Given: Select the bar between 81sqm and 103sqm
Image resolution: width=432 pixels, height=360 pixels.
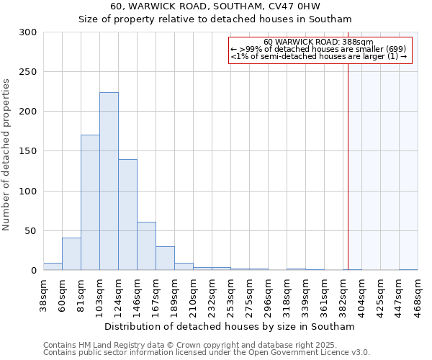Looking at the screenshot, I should [x=90, y=202].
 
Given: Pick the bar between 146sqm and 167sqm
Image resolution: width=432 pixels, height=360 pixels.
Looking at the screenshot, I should [x=146, y=246].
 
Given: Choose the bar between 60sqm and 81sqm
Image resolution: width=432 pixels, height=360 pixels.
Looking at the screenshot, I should [x=71, y=254].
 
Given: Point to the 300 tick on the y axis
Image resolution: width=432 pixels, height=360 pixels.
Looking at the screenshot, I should [x=27, y=32].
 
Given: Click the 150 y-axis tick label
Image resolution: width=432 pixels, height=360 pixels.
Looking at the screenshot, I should [x=27, y=151].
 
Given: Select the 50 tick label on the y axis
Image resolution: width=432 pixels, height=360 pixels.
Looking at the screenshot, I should [x=30, y=231].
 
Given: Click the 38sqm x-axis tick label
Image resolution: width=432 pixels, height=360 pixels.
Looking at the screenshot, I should [x=43, y=295].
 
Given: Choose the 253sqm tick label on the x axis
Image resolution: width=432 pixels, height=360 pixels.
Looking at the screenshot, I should [x=230, y=295].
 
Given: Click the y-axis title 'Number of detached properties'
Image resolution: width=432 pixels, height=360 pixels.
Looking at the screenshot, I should [x=6, y=155].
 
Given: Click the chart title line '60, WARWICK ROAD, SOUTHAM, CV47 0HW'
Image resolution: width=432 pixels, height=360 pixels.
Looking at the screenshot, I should [x=215, y=6].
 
